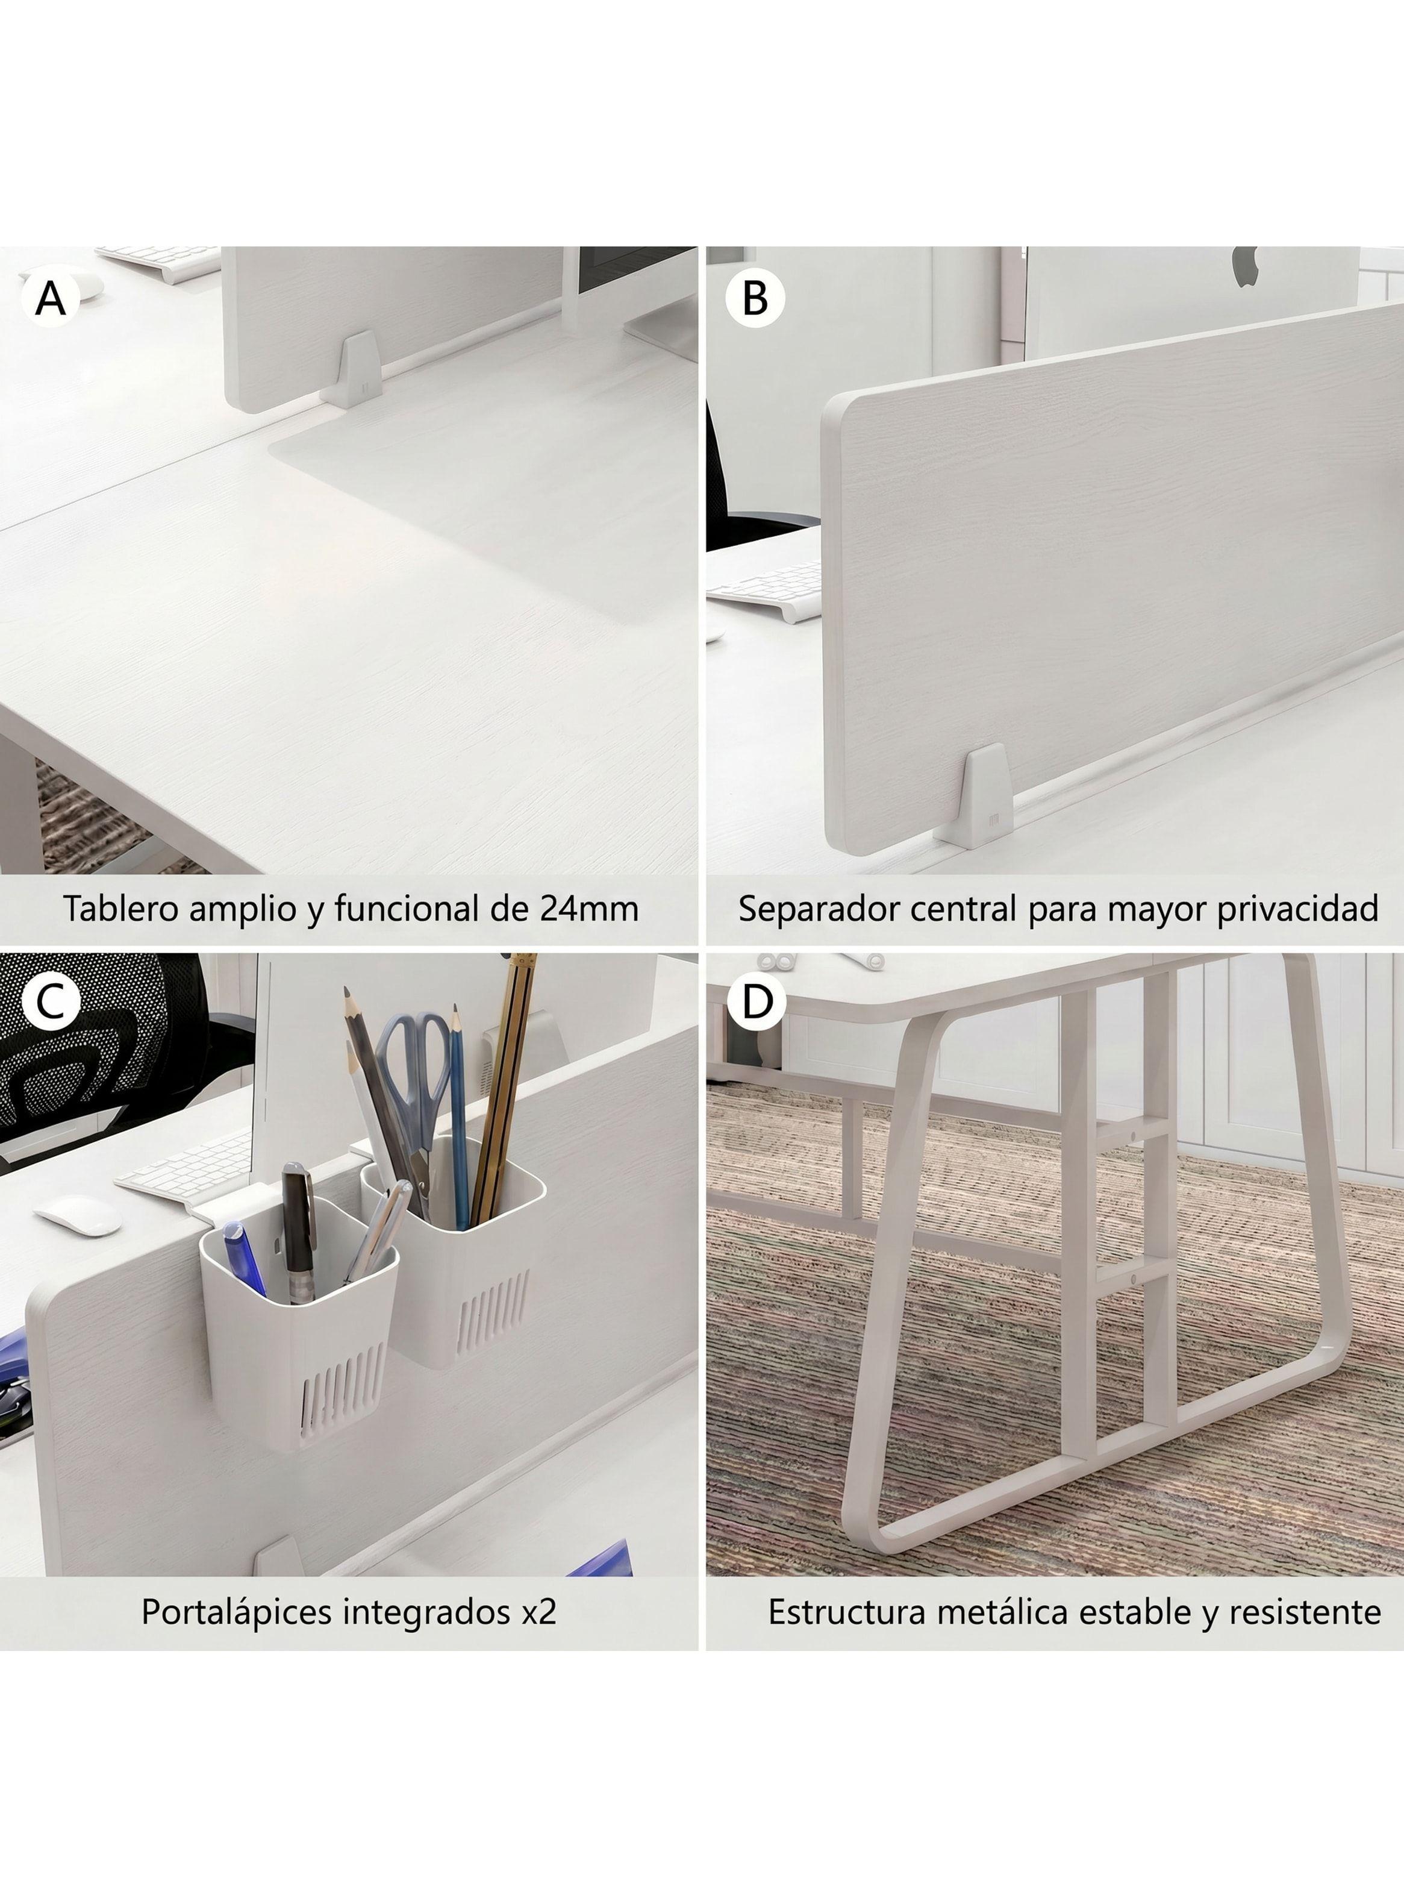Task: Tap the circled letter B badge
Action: pos(755,298)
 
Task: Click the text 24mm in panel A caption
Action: pos(589,909)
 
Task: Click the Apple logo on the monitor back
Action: pos(1244,267)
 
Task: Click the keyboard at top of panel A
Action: pos(159,262)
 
